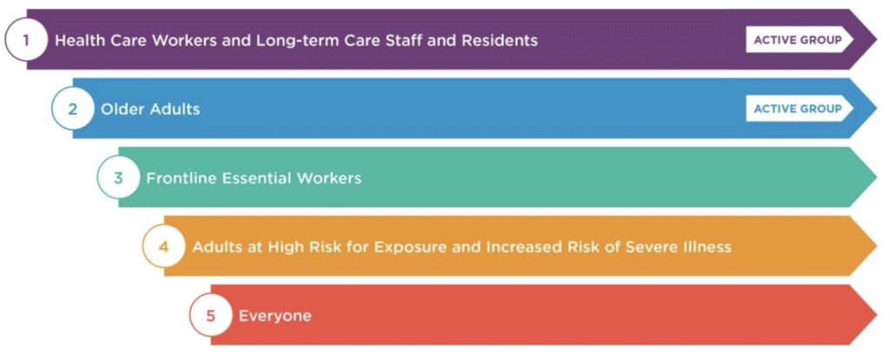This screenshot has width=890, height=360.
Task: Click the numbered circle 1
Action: click(x=25, y=40)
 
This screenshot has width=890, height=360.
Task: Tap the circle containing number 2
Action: click(x=72, y=109)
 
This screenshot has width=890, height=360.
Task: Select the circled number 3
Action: click(x=118, y=177)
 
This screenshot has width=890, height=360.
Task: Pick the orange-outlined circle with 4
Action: click(x=163, y=247)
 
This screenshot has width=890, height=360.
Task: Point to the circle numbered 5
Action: click(x=210, y=315)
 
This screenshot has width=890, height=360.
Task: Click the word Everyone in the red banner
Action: click(x=276, y=317)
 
